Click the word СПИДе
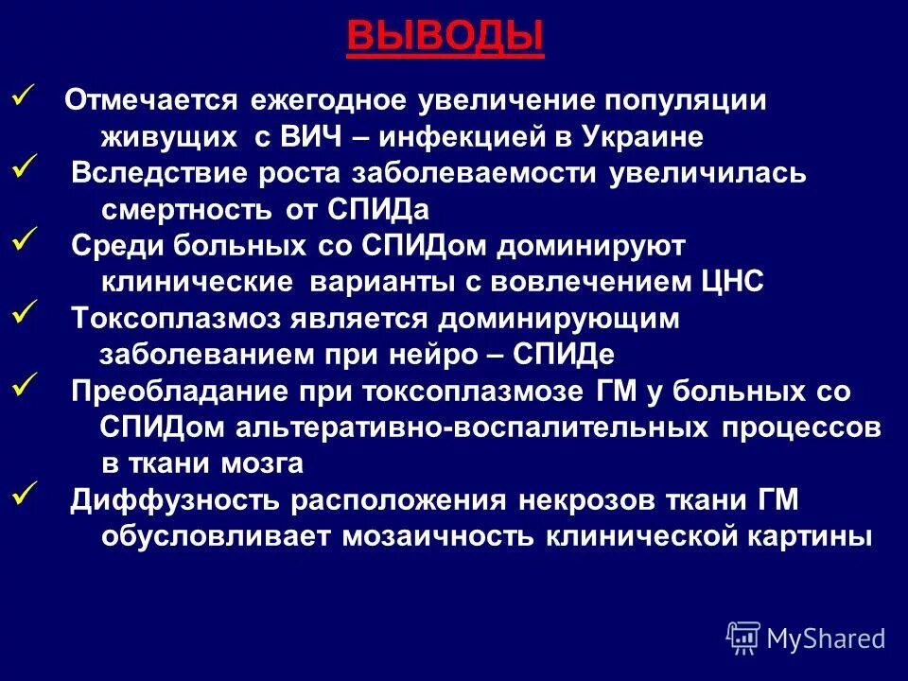(x=564, y=354)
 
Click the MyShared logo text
(x=825, y=638)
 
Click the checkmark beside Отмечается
(x=25, y=95)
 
